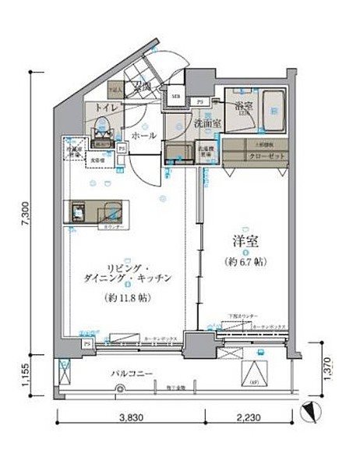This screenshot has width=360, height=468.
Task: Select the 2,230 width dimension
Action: [x=250, y=418]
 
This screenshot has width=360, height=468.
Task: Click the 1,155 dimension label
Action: [x=25, y=368]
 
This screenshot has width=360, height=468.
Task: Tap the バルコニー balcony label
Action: [x=130, y=373]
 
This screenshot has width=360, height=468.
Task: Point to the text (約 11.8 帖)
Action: [x=125, y=298]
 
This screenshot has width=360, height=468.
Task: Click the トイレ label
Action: [x=107, y=108]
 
